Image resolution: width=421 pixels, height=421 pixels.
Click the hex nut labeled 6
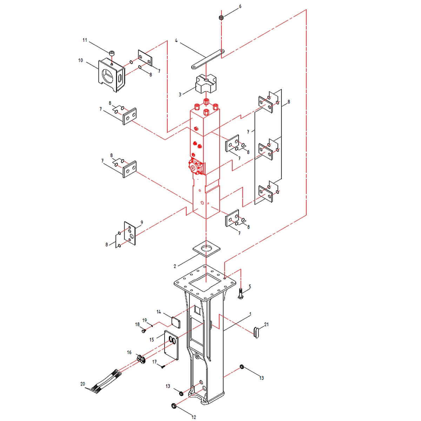(x=221, y=18)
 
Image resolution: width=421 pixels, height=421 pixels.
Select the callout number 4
(x=176, y=40)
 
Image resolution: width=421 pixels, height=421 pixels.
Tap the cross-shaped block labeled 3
(x=206, y=84)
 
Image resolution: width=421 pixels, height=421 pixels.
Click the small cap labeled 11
(x=112, y=53)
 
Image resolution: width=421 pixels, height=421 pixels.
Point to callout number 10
(x=81, y=60)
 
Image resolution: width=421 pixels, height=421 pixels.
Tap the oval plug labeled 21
(x=256, y=332)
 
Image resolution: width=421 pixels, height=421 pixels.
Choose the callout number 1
(x=250, y=314)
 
